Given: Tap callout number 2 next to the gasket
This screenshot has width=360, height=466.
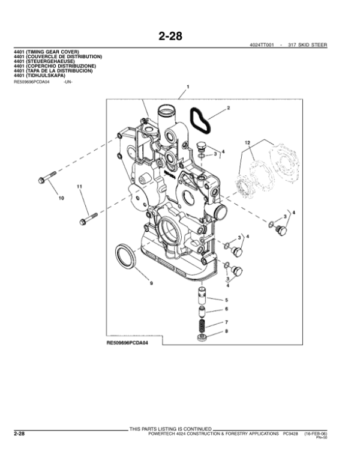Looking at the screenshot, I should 228,109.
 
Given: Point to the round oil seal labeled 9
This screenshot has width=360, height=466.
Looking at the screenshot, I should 125,255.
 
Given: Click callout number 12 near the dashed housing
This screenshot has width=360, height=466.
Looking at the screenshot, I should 247,142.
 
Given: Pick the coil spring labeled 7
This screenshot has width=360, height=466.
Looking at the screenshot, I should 203,326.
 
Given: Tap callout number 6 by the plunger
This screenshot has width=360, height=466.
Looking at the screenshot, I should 226,309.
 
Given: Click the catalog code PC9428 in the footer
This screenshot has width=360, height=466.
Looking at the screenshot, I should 290,433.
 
